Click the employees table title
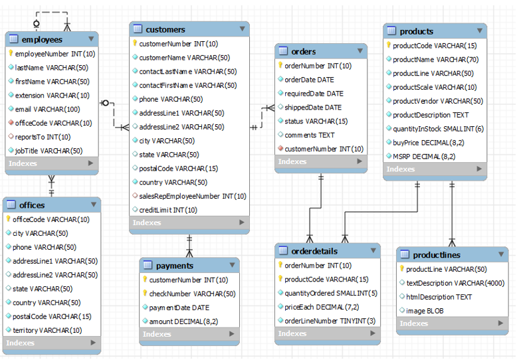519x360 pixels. [x=41, y=40]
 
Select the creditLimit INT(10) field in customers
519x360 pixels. [x=167, y=210]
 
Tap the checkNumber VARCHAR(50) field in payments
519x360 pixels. [x=191, y=294]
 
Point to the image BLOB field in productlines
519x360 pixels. [x=425, y=310]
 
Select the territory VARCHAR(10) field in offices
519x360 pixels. [x=47, y=330]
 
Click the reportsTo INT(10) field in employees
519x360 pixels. [x=43, y=137]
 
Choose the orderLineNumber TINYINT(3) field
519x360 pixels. [x=330, y=321]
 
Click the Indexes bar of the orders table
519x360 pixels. [x=320, y=161]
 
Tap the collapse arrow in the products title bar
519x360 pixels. [x=479, y=31]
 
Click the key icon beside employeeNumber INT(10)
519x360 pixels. [x=11, y=54]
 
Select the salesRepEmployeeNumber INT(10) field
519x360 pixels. [x=193, y=196]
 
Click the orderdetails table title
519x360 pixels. [x=314, y=251]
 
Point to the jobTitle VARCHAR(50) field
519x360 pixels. [x=49, y=151]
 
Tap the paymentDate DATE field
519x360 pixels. [x=179, y=308]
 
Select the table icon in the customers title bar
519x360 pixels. [x=138, y=29]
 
